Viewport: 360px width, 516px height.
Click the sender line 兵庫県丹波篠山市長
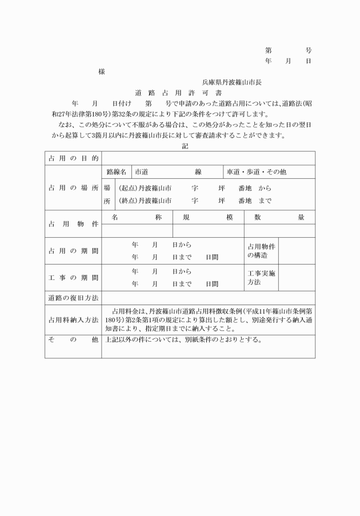click(231, 82)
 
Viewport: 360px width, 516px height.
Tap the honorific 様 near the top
click(101, 72)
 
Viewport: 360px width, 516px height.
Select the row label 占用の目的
click(73, 158)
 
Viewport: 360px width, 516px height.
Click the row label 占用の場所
click(73, 187)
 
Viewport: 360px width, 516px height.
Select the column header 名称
click(137, 217)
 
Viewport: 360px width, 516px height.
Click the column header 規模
click(208, 217)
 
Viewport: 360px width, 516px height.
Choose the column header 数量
click(279, 217)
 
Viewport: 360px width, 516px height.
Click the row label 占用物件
click(73, 224)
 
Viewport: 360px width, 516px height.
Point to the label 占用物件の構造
click(262, 250)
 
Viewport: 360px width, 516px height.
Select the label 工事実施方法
click(262, 278)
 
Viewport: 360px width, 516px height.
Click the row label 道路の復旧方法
click(73, 298)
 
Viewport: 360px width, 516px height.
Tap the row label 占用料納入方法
click(73, 320)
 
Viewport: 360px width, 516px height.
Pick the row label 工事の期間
click(73, 278)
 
